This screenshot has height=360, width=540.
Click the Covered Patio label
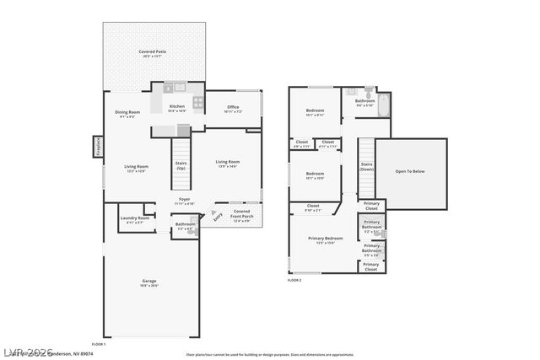152,54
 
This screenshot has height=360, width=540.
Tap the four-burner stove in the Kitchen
198,103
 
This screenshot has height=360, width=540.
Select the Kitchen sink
178,86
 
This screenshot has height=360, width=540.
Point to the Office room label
233,110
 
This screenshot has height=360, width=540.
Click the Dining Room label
127,115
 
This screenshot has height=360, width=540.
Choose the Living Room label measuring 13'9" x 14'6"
227,164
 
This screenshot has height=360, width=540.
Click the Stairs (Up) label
180,166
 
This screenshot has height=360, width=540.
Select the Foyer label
184,201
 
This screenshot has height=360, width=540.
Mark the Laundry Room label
135,221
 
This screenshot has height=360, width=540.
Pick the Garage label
148,282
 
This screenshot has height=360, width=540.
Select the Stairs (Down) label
366,167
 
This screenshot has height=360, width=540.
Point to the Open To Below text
410,171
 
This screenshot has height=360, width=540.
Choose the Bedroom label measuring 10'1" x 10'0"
315,176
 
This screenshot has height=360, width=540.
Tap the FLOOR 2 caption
294,280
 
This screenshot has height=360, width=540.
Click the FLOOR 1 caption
98,344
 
